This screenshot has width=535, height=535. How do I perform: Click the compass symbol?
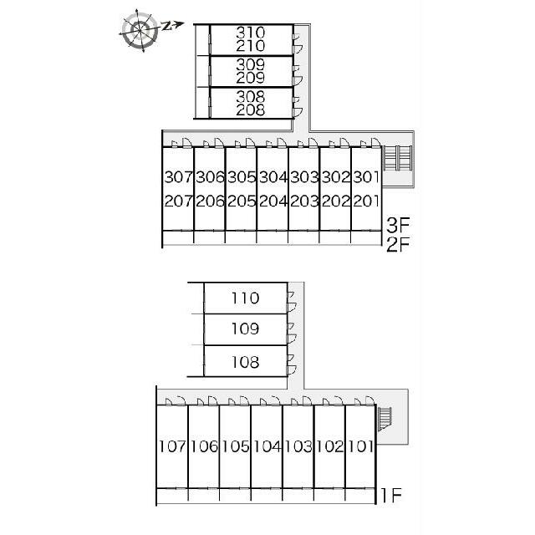pos(140,30)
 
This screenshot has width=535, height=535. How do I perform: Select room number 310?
pos(251,33)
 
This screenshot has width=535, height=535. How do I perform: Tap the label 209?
pos(251,78)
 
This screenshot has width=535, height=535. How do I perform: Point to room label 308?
pos(251,97)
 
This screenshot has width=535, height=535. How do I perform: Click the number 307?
pos(178,177)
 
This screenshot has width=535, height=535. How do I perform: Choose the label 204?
pos(273,201)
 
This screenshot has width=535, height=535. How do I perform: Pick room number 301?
pos(366,177)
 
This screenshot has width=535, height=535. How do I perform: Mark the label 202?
pos(336,201)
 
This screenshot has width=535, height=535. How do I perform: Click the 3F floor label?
pos(398,225)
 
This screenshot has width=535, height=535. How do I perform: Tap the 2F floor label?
pos(398,244)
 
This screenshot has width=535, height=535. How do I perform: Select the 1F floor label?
pos(391,496)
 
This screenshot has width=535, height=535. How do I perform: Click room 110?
pos(245,298)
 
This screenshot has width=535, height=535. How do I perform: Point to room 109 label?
pos(245,329)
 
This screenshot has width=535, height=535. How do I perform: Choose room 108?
pos(245,362)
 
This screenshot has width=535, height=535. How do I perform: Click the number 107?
pos(173,446)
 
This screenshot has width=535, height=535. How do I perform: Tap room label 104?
pos(267,446)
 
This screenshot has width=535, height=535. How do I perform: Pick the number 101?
pos(361,446)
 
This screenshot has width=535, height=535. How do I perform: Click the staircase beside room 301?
pos(398,158)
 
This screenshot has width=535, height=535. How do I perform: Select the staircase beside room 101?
pos(385,418)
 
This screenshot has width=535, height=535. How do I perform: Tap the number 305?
pos(242,177)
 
